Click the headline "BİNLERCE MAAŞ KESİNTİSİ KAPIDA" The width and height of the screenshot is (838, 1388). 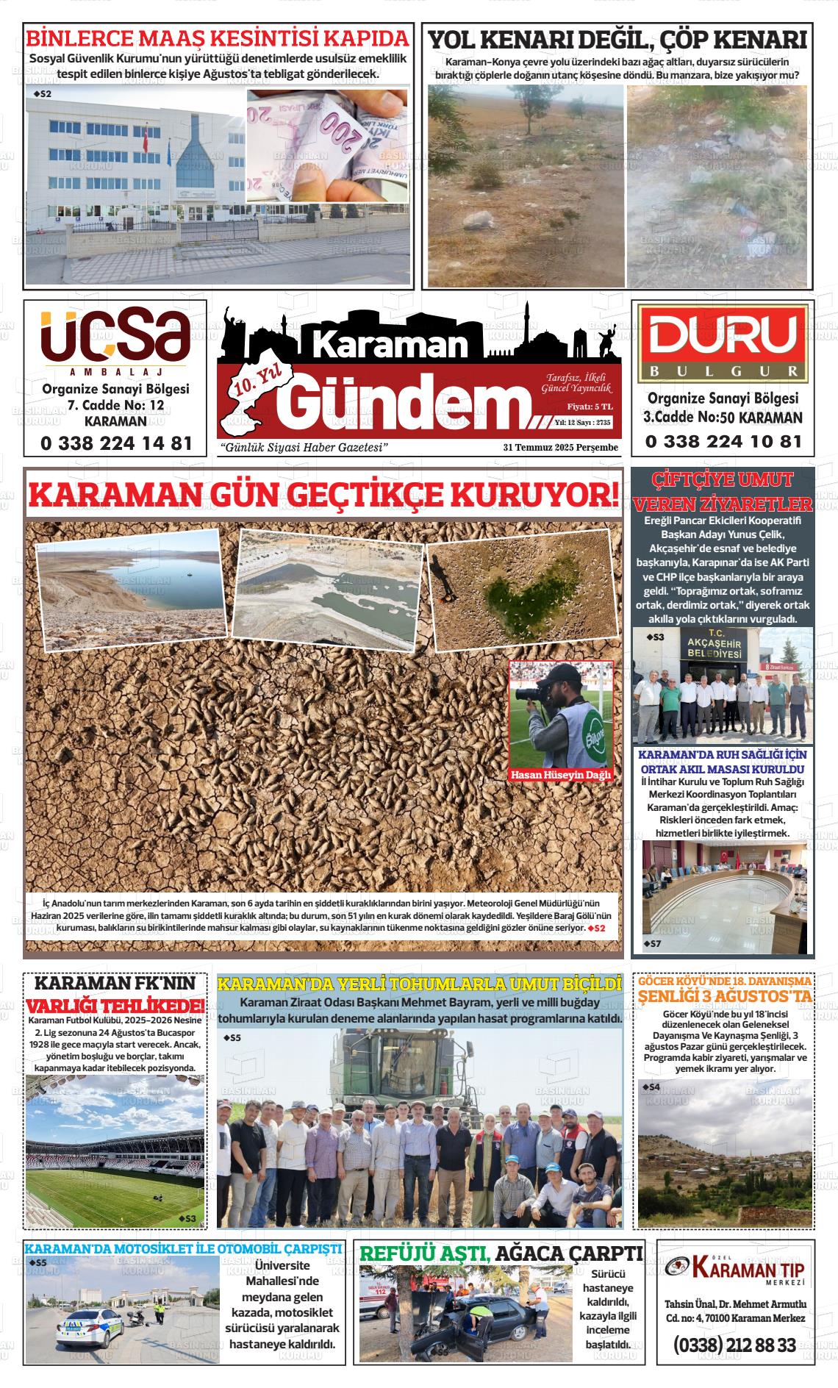(x=217, y=38)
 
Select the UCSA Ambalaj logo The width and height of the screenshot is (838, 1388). (x=115, y=336)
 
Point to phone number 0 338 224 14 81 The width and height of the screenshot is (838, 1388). (x=117, y=443)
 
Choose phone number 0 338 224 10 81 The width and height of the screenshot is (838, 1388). (x=723, y=442)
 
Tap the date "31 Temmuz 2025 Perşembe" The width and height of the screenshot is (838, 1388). (x=560, y=448)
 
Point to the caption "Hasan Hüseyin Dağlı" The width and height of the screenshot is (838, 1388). (x=561, y=775)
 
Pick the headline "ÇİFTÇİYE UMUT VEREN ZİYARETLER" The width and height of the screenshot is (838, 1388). (x=723, y=492)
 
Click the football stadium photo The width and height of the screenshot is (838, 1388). (x=115, y=1151)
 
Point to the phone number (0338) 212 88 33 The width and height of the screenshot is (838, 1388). (x=734, y=1345)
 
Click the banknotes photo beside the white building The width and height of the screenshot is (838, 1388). (x=327, y=145)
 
